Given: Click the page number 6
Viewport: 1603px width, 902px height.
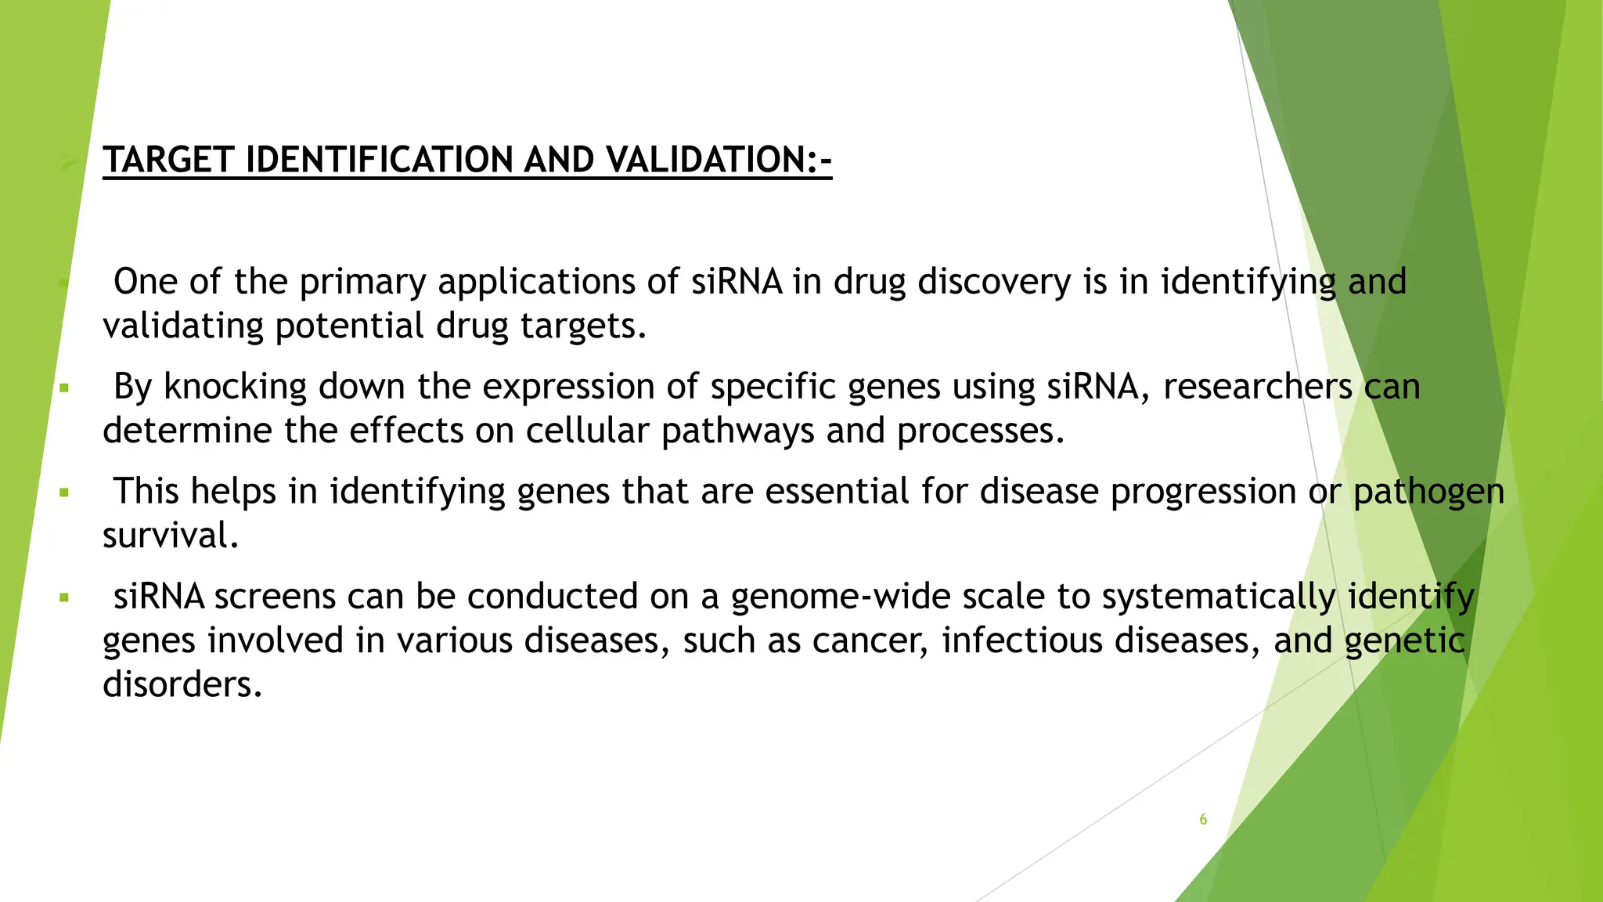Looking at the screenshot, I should point(1203,820).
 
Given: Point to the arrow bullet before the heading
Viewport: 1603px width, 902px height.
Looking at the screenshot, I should point(69,161).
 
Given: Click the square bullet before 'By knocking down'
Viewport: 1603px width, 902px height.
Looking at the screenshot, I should point(64,388).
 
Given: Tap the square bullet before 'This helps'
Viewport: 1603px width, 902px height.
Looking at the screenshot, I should point(64,492).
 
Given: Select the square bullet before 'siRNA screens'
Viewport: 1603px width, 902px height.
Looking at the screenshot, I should point(64,597).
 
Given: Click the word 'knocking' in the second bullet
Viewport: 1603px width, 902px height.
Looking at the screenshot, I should point(235,388).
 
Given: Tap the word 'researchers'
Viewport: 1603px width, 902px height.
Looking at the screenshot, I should point(1257,388).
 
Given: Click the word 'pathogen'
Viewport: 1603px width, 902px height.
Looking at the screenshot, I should point(1428,492).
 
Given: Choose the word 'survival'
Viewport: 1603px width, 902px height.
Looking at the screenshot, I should point(170,536).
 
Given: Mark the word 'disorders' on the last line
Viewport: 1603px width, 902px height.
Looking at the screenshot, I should point(182,685).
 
